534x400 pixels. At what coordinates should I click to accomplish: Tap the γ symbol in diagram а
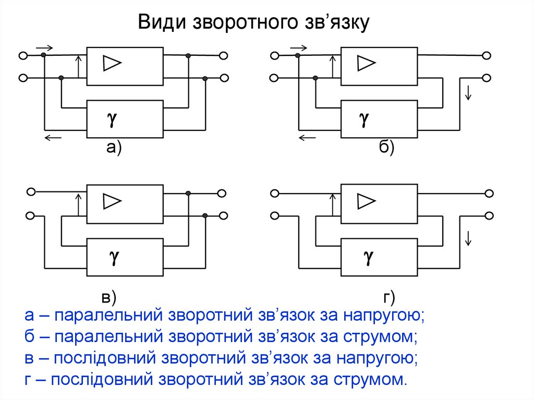pyautogui.click(x=112, y=119)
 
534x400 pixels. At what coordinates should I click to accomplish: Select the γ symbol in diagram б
pyautogui.click(x=365, y=119)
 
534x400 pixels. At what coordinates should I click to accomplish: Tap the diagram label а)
pyautogui.click(x=114, y=149)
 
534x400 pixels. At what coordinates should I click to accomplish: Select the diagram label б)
pyautogui.click(x=386, y=149)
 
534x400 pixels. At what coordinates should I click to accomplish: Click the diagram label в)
pyautogui.click(x=108, y=298)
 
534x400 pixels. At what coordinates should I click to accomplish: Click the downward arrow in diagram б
pyautogui.click(x=468, y=93)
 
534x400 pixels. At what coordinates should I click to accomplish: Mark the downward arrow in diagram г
pyautogui.click(x=468, y=238)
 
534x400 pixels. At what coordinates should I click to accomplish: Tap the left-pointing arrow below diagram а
pyautogui.click(x=53, y=137)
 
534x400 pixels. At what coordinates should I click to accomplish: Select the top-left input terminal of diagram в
pyautogui.click(x=31, y=192)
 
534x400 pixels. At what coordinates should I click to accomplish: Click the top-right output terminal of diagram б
pyautogui.click(x=486, y=55)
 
